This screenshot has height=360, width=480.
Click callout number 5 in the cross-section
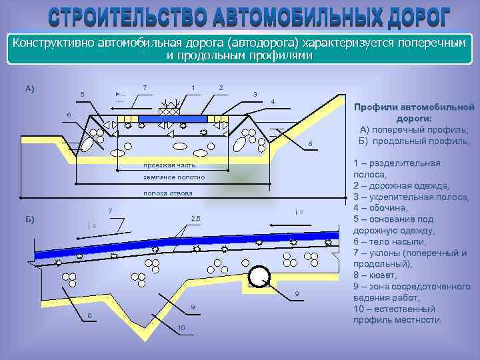click(82, 94)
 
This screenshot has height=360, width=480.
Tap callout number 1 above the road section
click(193, 87)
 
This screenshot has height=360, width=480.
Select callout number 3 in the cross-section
click(255, 94)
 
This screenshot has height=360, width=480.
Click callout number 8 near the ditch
click(310, 146)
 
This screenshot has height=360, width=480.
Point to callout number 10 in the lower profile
click(181, 327)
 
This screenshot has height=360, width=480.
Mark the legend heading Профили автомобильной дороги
click(414, 112)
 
